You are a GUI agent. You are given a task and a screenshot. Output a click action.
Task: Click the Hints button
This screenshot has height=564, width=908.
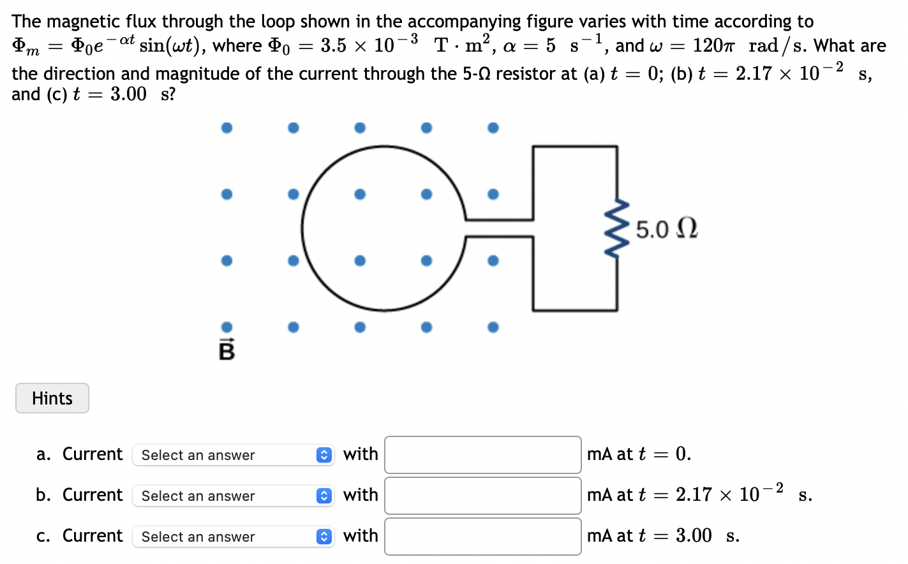coord(52,398)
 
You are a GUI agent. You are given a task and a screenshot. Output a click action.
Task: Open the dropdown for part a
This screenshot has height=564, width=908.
coord(233,455)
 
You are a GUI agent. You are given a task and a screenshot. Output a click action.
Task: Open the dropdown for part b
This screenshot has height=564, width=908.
coord(233,496)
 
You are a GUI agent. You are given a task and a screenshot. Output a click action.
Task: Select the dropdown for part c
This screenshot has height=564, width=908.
coord(233,537)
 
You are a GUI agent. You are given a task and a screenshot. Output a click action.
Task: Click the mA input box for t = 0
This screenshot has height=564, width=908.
coord(482,455)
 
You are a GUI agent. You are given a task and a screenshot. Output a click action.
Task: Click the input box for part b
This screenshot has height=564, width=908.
coord(482,496)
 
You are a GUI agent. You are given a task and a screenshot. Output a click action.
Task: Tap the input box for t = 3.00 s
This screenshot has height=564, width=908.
coord(482,537)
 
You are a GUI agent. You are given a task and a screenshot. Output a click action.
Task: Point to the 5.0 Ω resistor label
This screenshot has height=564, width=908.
coord(667,229)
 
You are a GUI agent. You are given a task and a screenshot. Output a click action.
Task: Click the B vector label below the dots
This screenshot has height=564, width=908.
coord(227,350)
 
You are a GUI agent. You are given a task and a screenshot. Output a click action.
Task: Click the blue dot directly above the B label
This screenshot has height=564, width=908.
coord(227,327)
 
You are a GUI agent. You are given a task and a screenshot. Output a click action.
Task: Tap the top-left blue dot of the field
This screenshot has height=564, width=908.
coord(227,128)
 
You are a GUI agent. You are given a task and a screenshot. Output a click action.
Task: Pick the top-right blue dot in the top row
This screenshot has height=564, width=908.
coord(493,128)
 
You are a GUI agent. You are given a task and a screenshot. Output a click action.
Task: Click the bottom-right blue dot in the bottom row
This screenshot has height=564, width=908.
coord(493,327)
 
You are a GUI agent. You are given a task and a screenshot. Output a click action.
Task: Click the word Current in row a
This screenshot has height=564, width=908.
coord(93,454)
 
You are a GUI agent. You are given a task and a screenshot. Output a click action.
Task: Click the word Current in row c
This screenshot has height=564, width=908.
coord(93,536)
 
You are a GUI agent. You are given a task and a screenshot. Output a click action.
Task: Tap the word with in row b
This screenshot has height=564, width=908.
coord(361,495)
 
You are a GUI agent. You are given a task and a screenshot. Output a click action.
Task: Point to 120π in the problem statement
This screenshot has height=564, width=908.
coord(714,46)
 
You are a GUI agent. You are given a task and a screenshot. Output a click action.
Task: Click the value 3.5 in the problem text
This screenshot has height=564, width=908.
coord(334,46)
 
